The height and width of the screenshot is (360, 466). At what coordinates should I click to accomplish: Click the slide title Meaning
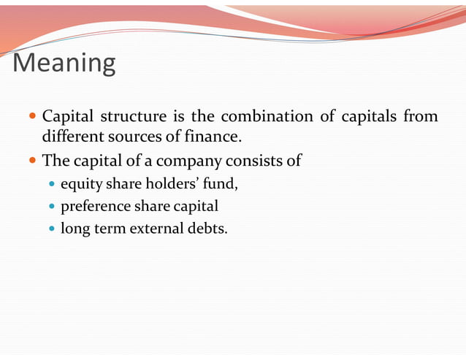pyautogui.click(x=64, y=64)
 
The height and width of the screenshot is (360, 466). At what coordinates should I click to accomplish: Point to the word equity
pyautogui.click(x=80, y=184)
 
